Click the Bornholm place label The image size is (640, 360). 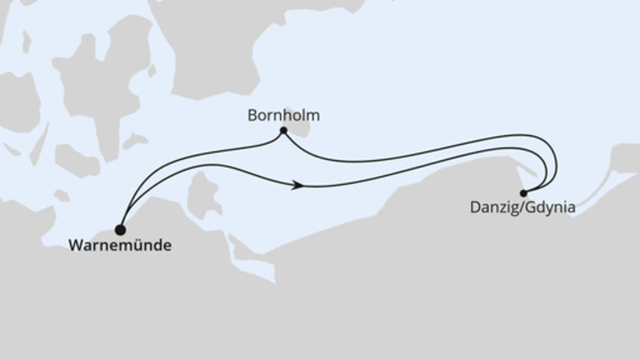(x=284, y=115)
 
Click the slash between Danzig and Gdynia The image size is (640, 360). (x=515, y=210)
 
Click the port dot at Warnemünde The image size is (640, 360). (x=121, y=228)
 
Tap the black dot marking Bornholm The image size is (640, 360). (x=283, y=130)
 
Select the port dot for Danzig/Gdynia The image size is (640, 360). (x=523, y=193)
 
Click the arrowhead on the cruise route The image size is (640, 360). (x=299, y=185)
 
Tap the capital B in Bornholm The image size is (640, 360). (x=252, y=115)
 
